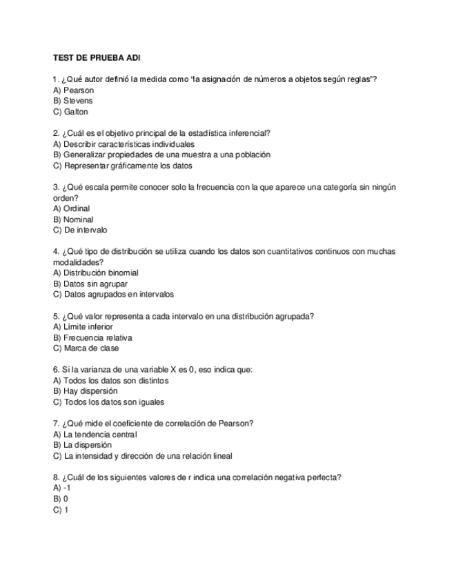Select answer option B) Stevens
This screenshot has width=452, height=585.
[x=72, y=101]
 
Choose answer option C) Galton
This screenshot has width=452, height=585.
[x=70, y=112]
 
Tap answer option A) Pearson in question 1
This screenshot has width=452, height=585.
[x=73, y=90]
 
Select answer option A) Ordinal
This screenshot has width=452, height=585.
[x=71, y=208]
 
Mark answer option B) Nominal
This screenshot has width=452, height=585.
[x=73, y=219]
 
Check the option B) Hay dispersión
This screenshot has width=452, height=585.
[x=85, y=391]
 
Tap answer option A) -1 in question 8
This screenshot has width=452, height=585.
[x=62, y=488]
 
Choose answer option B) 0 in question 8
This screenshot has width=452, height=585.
[x=61, y=498]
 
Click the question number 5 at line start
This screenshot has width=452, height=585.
[x=55, y=316]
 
